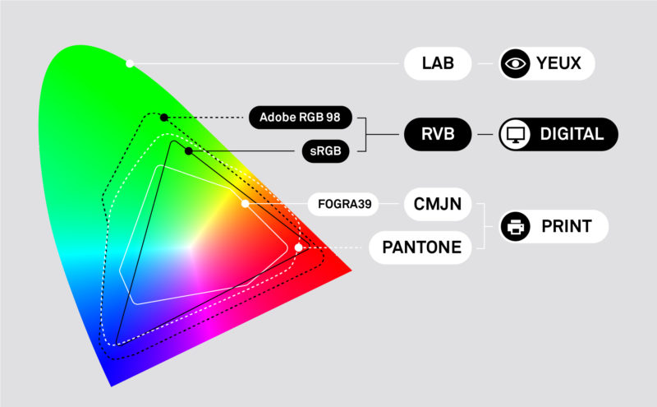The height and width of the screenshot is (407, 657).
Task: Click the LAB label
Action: (x=437, y=63)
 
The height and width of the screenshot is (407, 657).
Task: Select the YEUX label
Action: (x=558, y=63)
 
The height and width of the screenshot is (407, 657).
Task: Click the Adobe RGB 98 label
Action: (x=301, y=117)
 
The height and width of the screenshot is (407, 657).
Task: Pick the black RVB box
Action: (x=437, y=133)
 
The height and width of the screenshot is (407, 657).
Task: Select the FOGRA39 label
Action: (x=343, y=203)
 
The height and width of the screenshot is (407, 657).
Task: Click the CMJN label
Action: (x=437, y=203)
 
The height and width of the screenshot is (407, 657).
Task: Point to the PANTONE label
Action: (x=420, y=247)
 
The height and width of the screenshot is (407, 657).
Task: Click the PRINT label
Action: (x=565, y=226)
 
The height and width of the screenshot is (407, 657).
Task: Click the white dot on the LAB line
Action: (x=130, y=63)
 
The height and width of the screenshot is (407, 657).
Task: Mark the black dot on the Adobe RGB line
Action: (x=164, y=118)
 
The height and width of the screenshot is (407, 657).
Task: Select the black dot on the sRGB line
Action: (x=189, y=151)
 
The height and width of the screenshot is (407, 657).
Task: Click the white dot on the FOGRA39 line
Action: (x=245, y=203)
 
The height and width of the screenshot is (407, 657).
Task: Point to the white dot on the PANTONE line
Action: (x=299, y=247)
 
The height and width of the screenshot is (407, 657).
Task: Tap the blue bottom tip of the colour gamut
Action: (x=113, y=380)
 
